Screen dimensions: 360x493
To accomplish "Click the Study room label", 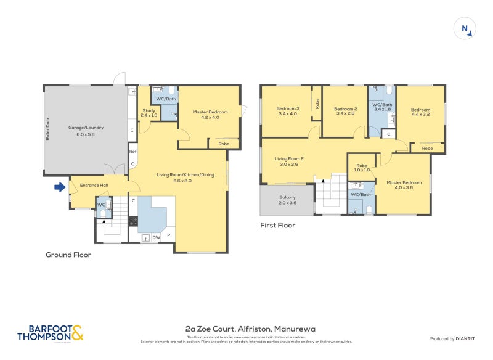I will (x=149, y=113).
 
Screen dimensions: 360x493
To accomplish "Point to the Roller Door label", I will (x=47, y=130).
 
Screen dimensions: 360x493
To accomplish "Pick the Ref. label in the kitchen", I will (x=132, y=152).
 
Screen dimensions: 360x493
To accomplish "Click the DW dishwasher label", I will (x=157, y=237).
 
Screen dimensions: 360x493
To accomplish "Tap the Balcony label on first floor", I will (x=287, y=200).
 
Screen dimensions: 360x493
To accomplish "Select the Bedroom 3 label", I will (x=288, y=111).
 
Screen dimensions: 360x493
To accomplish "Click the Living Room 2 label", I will (x=289, y=162).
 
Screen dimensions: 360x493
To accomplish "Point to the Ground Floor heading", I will (x=68, y=254).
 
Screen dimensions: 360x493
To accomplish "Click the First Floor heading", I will (x=277, y=226).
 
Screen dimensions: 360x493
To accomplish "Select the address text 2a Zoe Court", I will (x=250, y=329).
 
